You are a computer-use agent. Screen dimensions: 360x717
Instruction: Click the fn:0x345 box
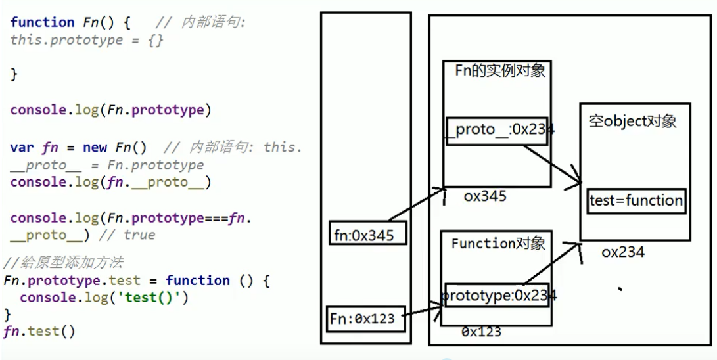(364, 235)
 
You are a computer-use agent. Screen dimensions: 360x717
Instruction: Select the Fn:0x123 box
(363, 319)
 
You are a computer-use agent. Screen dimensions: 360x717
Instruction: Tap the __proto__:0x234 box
(499, 130)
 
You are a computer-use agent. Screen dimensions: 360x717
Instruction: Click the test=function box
(636, 201)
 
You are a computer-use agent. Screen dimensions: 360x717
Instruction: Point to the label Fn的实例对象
(500, 70)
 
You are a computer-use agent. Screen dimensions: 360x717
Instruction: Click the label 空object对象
(632, 122)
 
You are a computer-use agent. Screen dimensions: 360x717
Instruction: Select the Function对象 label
(498, 244)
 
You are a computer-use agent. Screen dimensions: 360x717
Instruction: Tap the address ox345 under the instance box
(485, 196)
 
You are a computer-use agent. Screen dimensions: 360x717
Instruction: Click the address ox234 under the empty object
(622, 252)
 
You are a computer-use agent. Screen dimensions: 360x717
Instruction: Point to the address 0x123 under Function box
(481, 332)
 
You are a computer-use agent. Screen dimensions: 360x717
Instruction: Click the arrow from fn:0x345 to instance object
(418, 204)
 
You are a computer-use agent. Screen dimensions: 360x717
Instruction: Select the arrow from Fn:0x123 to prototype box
(421, 310)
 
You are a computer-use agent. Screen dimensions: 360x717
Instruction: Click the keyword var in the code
(22, 147)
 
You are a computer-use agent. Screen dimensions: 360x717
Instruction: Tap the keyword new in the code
(95, 147)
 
